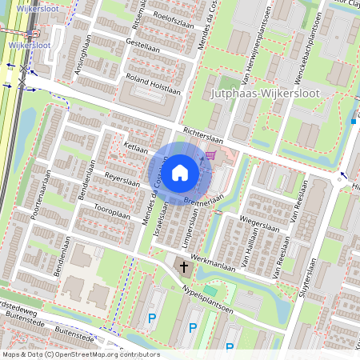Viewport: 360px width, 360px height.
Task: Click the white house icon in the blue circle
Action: point(180,172)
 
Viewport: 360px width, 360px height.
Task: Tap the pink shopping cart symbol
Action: point(210,155)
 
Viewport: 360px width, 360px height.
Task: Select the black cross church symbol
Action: point(183,266)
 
